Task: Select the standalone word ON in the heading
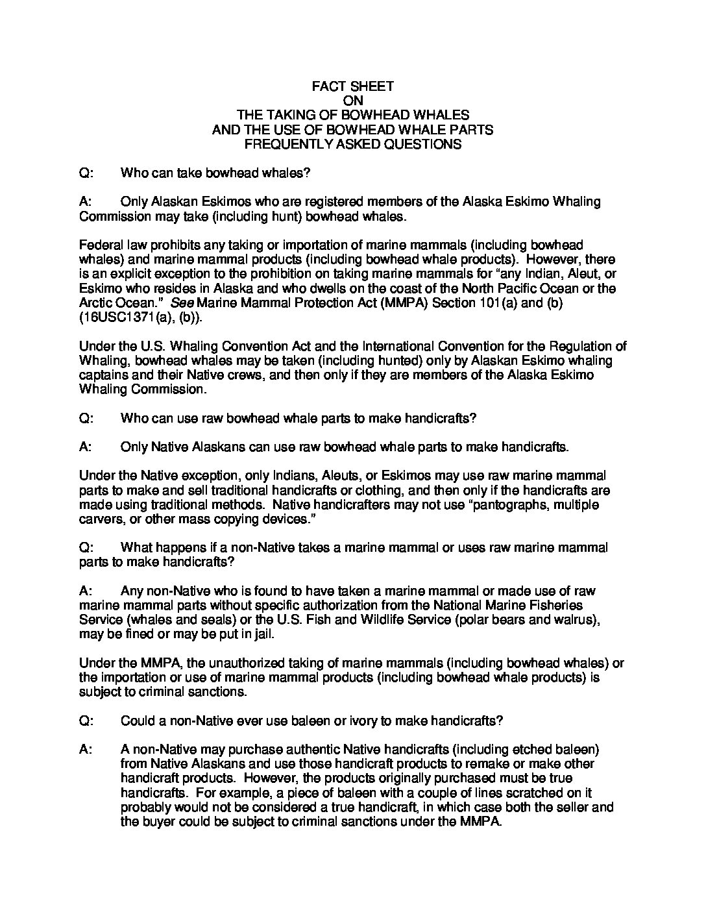[x=352, y=101]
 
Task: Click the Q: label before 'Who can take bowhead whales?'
[x=86, y=173]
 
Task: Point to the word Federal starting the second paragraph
[x=98, y=245]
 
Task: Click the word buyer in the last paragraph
[x=163, y=822]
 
